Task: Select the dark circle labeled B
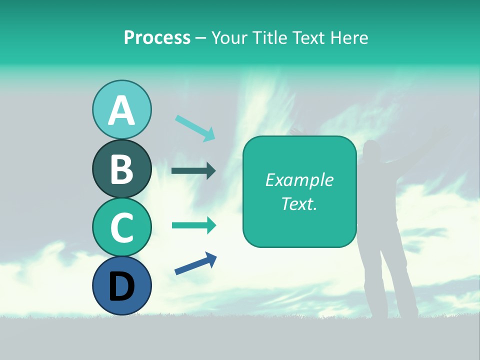point(121,169)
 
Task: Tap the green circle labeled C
point(121,227)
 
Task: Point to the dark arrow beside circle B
point(193,171)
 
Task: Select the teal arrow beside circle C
point(193,225)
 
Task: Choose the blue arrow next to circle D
point(195,264)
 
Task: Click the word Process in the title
point(157,38)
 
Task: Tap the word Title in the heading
point(270,38)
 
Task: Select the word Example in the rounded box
point(299,180)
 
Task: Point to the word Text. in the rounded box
point(299,203)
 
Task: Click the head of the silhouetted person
point(372,151)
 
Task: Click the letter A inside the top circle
point(121,111)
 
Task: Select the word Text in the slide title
point(310,38)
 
